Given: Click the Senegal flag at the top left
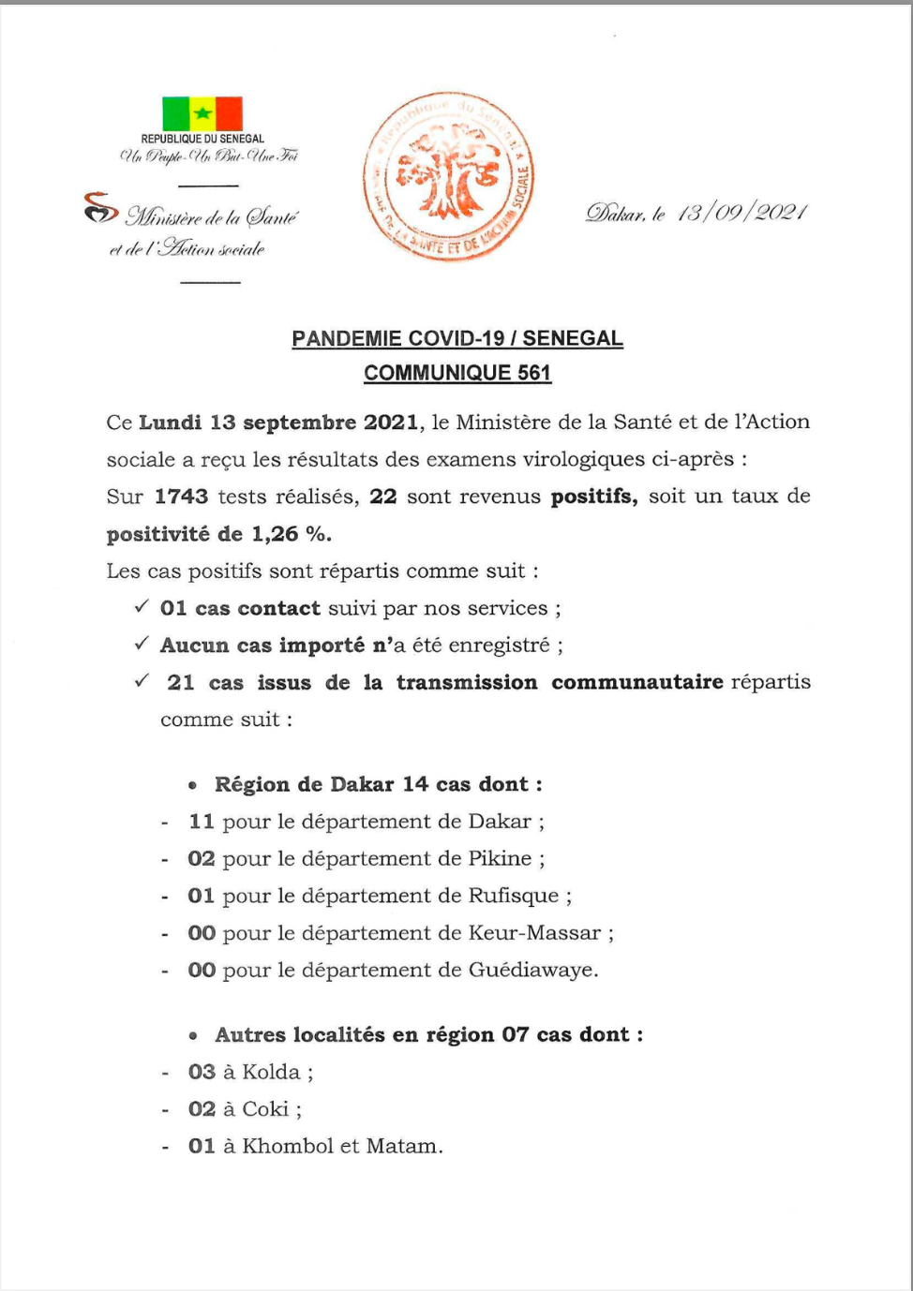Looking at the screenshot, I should pyautogui.click(x=202, y=114).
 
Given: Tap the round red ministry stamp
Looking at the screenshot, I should pyautogui.click(x=449, y=176).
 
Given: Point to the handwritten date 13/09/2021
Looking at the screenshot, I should pyautogui.click(x=741, y=213).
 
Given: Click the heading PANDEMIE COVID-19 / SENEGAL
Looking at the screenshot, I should pyautogui.click(x=457, y=339).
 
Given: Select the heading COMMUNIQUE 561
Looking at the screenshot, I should pyautogui.click(x=457, y=373).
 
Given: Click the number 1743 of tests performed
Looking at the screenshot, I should pyautogui.click(x=181, y=497).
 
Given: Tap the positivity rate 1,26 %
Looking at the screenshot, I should pyautogui.click(x=291, y=534).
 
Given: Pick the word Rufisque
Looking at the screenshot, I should pyautogui.click(x=514, y=896).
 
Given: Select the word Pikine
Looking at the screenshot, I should pyautogui.click(x=500, y=859).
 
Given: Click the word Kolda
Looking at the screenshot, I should pyautogui.click(x=271, y=1073).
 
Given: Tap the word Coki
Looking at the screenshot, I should pyautogui.click(x=265, y=1109).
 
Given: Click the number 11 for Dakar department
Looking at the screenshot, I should pyautogui.click(x=202, y=822).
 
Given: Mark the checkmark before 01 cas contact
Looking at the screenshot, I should pyautogui.click(x=142, y=607).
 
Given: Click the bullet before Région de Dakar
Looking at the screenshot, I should pyautogui.click(x=192, y=785).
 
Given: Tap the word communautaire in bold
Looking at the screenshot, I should pyautogui.click(x=637, y=682).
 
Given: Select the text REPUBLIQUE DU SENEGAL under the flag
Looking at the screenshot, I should pyautogui.click(x=202, y=139).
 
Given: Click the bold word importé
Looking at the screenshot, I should pyautogui.click(x=322, y=645).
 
